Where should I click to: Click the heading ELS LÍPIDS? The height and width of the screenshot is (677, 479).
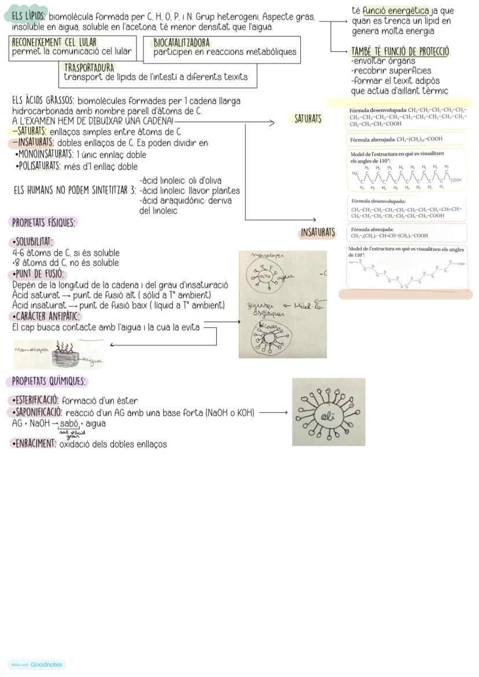coord(30,17)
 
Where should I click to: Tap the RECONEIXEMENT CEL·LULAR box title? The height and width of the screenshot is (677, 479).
coord(54,42)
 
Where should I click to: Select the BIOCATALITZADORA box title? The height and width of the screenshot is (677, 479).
coord(182,43)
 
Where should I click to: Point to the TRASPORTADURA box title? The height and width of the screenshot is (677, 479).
coord(89,68)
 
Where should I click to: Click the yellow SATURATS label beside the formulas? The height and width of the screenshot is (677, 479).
coord(308,119)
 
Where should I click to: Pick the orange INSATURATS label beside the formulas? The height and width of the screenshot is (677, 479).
coord(318,232)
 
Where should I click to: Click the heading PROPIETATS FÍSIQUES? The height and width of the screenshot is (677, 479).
coord(44,222)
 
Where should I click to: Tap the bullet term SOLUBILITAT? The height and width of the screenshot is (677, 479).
coord(32,242)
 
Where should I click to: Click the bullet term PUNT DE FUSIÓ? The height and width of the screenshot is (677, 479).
coord(38,274)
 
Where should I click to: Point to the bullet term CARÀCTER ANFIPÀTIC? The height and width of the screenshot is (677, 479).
coord(46,316)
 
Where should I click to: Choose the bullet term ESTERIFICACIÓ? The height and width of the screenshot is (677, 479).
coord(35,400)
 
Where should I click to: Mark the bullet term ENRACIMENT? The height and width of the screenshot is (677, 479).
coord(34,443)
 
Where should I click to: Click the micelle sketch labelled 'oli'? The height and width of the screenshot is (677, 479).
coord(328,412)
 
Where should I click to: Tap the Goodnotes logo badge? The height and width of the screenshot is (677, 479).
coord(37,664)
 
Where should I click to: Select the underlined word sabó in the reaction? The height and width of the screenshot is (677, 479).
coord(69,423)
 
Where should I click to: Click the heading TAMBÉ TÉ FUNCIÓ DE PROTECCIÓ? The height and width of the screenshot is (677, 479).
coord(400,51)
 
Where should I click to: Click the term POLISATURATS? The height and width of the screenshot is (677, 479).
coord(39,167)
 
